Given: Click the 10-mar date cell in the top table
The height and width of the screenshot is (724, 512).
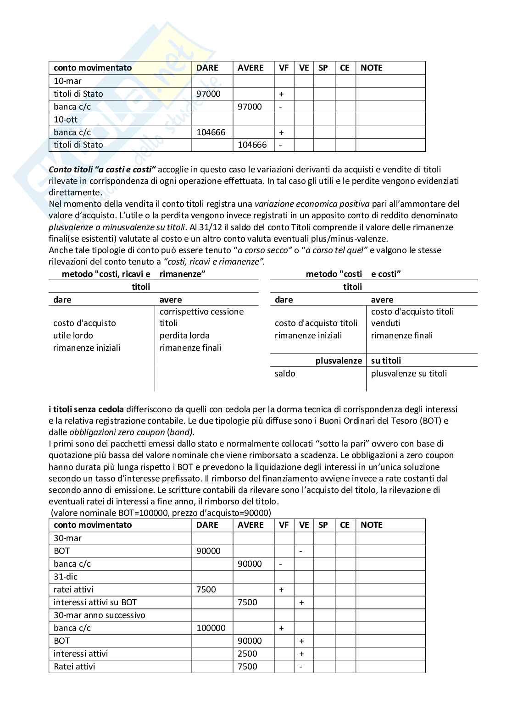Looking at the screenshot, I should [x=67, y=81].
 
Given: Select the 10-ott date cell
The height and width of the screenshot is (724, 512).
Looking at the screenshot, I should [x=66, y=120].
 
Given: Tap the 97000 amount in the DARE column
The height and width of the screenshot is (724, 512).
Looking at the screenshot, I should [x=208, y=94].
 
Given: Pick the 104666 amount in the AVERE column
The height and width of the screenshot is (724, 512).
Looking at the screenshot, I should [x=252, y=145].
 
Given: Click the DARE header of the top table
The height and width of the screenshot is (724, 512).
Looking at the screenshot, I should [x=207, y=68].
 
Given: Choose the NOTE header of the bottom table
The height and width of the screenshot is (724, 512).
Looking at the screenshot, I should [x=371, y=525].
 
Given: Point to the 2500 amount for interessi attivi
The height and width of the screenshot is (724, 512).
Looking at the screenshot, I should [x=247, y=654].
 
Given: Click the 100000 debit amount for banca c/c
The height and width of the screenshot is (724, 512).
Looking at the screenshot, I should [x=211, y=628].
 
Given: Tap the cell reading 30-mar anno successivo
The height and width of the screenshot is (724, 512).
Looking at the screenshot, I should [x=99, y=615].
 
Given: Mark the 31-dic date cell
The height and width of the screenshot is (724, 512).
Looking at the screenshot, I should [x=66, y=577].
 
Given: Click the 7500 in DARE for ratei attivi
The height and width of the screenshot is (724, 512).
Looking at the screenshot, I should [x=206, y=590].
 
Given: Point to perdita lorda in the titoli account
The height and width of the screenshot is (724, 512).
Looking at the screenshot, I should [x=184, y=336].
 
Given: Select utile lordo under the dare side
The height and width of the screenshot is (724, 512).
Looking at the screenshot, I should [x=73, y=336].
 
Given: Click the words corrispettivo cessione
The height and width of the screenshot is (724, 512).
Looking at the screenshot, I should [x=201, y=312].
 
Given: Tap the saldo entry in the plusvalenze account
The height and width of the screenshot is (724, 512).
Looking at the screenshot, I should [x=285, y=374].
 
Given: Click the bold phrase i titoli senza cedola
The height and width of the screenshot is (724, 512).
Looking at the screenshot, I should [x=86, y=409].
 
